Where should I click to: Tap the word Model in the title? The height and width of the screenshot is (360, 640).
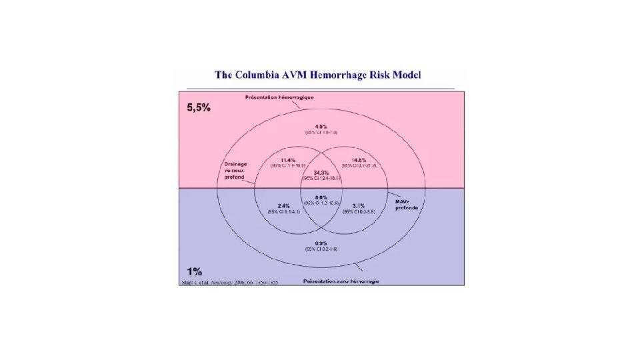pos(404,75)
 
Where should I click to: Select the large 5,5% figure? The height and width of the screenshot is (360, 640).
pos(199,107)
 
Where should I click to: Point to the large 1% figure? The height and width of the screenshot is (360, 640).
pos(195,271)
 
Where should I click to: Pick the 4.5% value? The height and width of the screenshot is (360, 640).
pos(321,126)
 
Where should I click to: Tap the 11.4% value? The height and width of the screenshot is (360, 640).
pos(288,160)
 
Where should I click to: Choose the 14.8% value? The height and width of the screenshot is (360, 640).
pos(359,160)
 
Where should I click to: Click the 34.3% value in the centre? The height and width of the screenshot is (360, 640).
pos(321,173)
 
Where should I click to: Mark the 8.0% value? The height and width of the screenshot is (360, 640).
pos(321,197)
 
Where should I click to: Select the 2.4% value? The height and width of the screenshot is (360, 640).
pos(284,206)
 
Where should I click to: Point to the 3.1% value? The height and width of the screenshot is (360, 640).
pos(359,206)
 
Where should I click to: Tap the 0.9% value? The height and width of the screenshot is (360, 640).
pos(321,243)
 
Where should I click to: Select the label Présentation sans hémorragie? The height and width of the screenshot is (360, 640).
pos(341,281)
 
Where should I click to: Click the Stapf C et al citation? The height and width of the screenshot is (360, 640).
pos(229,283)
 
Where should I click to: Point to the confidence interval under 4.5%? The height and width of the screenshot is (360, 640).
pos(321,133)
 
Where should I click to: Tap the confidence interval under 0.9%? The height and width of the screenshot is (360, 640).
pos(321,249)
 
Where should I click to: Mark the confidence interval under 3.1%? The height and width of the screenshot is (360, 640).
pos(359,212)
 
